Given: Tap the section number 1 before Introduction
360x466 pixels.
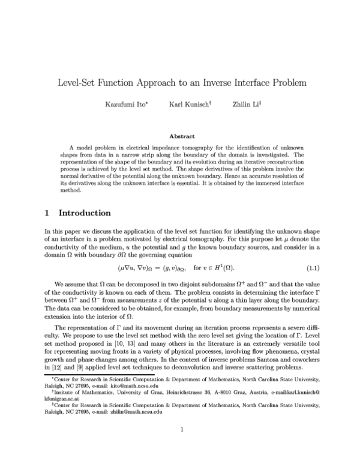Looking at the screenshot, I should coord(48,213).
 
